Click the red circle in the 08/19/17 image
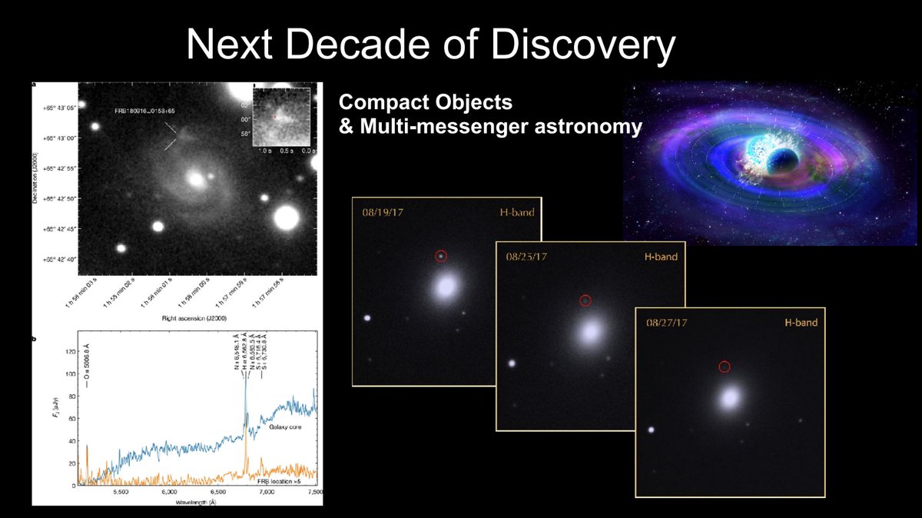pyautogui.click(x=441, y=256)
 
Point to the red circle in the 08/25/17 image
pyautogui.click(x=585, y=301)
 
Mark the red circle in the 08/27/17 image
pyautogui.click(x=724, y=367)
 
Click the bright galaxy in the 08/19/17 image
pyautogui.click(x=446, y=288)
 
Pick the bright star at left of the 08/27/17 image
pyautogui.click(x=652, y=430)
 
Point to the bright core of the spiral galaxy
pyautogui.click(x=197, y=180)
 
